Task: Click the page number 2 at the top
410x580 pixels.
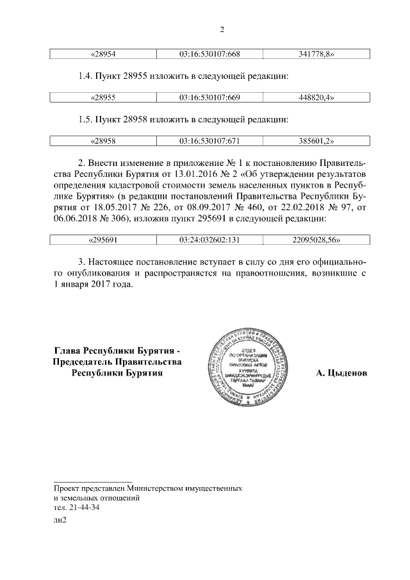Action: pyautogui.click(x=221, y=29)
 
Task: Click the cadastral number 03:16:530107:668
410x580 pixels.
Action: pyautogui.click(x=210, y=54)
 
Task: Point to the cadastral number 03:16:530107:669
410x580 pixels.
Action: pyautogui.click(x=210, y=97)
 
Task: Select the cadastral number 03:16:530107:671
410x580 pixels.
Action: pyautogui.click(x=210, y=140)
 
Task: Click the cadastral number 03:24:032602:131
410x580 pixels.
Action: pyautogui.click(x=210, y=240)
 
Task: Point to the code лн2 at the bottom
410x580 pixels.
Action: pyautogui.click(x=60, y=520)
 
